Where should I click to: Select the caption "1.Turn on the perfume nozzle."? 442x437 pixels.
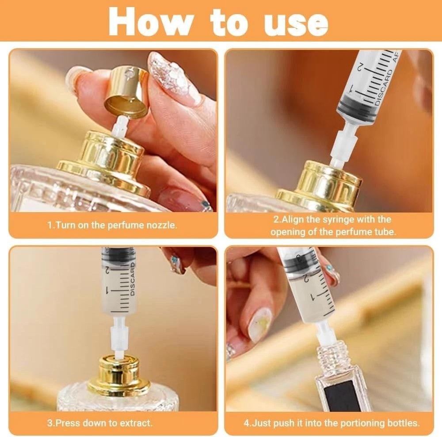click(112, 225)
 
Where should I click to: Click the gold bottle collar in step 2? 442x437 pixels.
click(318, 186)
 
